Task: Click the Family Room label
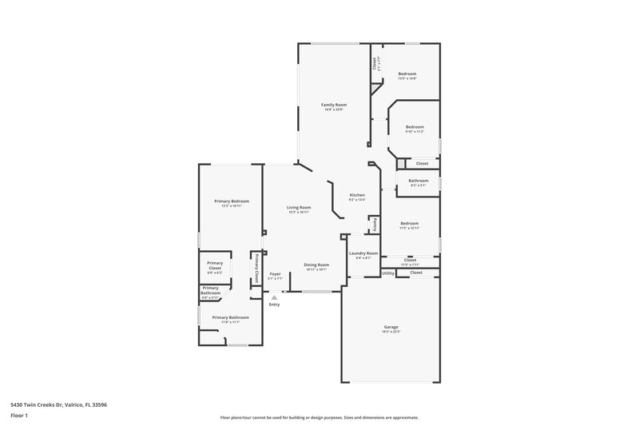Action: coord(334,105)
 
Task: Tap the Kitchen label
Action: coord(357,196)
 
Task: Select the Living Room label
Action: coord(300,208)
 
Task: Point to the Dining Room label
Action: coord(316,265)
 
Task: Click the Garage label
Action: coord(391,327)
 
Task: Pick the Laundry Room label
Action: coord(363,253)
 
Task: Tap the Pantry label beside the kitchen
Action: coord(375,225)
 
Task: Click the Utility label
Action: coord(387,273)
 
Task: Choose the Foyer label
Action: coord(275,273)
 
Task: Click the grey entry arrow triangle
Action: coord(274,297)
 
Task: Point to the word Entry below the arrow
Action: coord(275,305)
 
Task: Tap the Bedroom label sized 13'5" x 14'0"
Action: coord(407,74)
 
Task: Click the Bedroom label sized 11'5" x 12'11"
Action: coord(409,223)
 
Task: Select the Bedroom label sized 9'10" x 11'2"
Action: coord(414,128)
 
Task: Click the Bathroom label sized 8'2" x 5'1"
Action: coord(419,181)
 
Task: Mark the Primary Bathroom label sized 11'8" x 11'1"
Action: coord(230,317)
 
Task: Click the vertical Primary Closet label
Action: coord(256,269)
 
